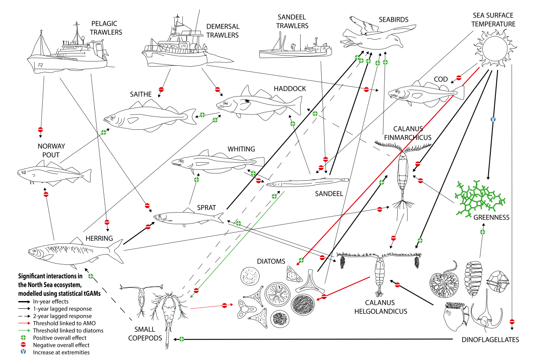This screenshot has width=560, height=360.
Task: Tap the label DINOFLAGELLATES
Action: click(x=490, y=340)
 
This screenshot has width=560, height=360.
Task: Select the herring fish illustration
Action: click(x=75, y=252)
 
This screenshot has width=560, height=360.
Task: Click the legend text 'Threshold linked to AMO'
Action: click(x=62, y=323)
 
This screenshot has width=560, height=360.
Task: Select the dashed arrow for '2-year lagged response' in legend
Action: click(x=23, y=316)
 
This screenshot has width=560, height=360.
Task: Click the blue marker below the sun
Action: click(x=493, y=119)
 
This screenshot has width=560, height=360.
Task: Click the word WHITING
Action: click(x=241, y=149)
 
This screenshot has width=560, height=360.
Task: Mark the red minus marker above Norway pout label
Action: click(x=41, y=129)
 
